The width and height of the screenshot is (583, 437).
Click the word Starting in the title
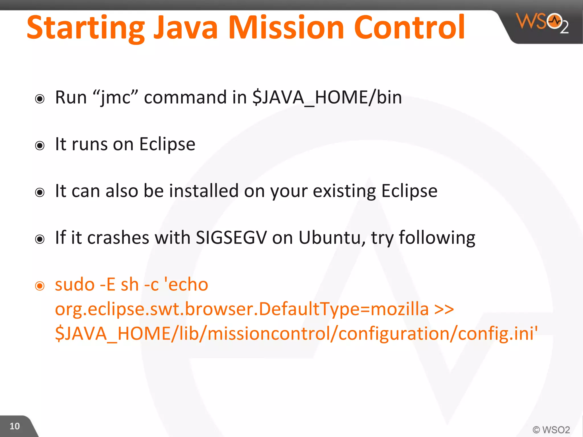[x=86, y=28]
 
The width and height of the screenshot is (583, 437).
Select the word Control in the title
[x=409, y=27]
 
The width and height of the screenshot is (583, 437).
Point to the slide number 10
[x=15, y=426]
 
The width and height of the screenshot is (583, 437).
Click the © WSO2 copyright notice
[x=551, y=429]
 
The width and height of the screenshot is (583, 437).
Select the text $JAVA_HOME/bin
[x=327, y=98]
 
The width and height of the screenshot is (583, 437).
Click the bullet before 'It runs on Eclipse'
[x=40, y=146]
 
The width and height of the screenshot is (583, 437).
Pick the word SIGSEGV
[x=231, y=238]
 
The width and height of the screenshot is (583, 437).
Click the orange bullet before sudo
[x=40, y=286]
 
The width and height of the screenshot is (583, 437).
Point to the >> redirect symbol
[x=444, y=309]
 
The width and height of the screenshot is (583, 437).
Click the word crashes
[x=118, y=238]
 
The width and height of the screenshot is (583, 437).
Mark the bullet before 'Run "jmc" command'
[x=40, y=99]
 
